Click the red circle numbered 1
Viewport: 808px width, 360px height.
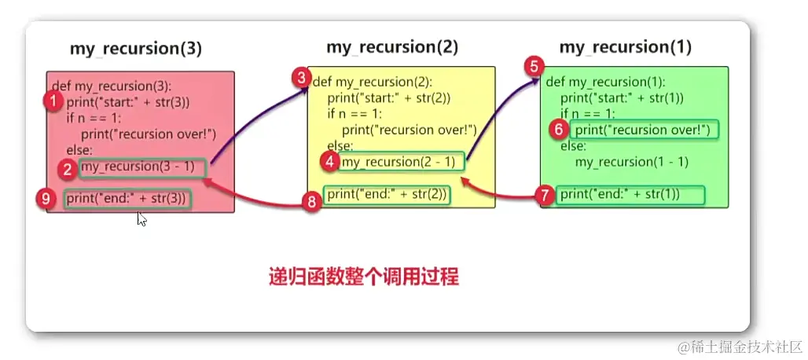(53, 101)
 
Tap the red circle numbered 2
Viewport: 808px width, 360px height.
(68, 167)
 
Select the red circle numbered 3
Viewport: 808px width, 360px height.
(300, 78)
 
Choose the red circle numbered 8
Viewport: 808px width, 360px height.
(312, 202)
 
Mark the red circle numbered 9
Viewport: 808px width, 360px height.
(47, 200)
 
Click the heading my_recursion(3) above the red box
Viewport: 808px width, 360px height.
(136, 49)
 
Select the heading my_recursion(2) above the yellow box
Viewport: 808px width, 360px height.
(392, 46)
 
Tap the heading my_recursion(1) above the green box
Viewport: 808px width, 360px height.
(626, 46)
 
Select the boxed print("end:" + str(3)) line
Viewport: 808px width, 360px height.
(127, 199)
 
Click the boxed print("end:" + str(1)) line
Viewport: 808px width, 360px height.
(619, 194)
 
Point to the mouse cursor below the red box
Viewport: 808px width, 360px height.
(141, 219)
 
